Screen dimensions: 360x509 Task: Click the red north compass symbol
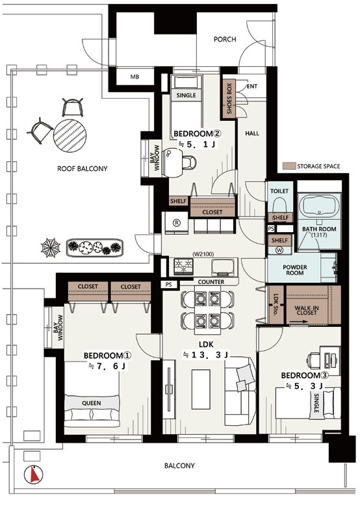(x=33, y=475)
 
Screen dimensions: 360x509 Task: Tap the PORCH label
(x=225, y=39)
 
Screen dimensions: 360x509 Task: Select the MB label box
(x=135, y=77)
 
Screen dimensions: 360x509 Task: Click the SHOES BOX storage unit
(x=229, y=98)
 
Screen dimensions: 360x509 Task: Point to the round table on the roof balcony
(x=70, y=135)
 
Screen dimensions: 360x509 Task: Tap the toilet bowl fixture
(x=279, y=205)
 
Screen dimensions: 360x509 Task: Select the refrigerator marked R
(x=177, y=223)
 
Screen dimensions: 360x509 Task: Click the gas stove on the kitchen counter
(x=184, y=267)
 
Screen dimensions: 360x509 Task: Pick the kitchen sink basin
(x=222, y=267)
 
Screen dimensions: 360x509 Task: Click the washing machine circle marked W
(x=279, y=250)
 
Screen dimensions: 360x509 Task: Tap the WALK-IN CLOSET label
(x=307, y=310)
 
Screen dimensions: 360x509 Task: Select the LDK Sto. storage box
(x=276, y=304)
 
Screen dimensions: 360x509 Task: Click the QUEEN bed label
(x=91, y=403)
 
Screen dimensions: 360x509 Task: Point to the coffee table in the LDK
(x=201, y=389)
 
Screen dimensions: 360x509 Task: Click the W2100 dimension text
(x=203, y=254)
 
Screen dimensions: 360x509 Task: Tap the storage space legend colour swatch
(x=289, y=166)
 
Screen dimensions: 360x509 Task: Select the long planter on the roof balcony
(x=95, y=248)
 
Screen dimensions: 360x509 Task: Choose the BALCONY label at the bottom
(x=179, y=466)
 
